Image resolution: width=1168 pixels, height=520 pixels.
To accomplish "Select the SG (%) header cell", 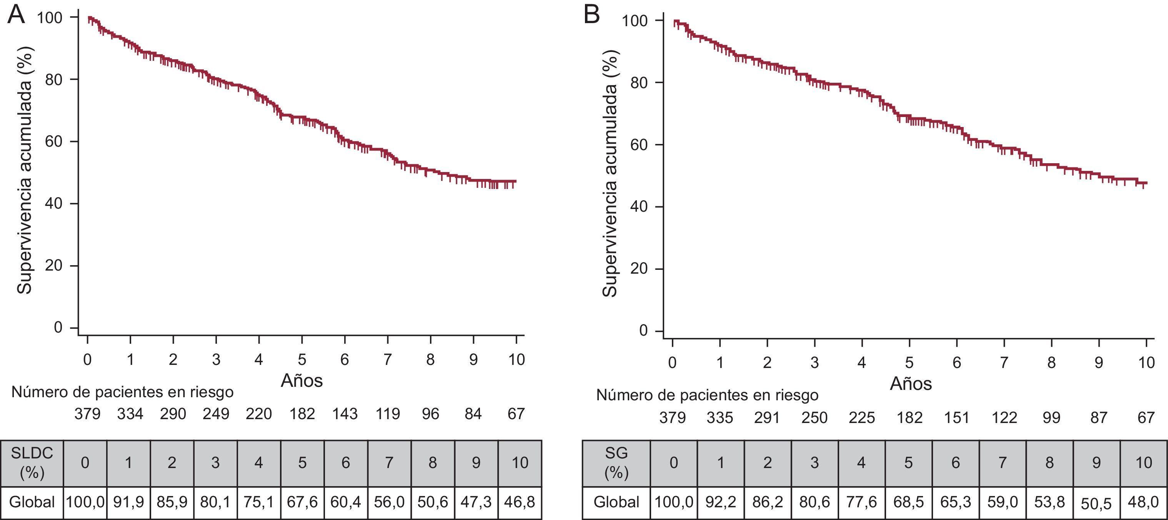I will tap(616, 463).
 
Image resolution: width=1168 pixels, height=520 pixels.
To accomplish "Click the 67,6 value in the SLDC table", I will tap(302, 502).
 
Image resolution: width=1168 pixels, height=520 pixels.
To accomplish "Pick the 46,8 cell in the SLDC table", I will tap(520, 502).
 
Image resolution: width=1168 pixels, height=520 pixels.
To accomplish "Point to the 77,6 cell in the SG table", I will tap(861, 502).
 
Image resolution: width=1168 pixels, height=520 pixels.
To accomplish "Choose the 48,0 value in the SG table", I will tap(1143, 502).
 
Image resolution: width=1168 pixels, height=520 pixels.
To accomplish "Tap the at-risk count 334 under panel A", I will tap(130, 414).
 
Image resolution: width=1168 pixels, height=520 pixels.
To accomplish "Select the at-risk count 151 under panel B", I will tap(957, 418).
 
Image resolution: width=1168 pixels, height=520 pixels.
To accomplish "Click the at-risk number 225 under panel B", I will tap(861, 418).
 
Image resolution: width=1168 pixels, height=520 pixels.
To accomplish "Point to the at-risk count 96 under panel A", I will tap(430, 414).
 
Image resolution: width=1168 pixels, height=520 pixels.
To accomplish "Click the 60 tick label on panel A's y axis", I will tap(53, 142).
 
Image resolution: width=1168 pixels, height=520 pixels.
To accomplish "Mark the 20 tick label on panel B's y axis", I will tap(639, 269).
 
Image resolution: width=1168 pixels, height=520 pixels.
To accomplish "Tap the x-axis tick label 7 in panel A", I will tap(388, 360).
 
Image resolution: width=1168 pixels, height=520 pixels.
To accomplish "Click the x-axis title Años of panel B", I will tap(910, 384).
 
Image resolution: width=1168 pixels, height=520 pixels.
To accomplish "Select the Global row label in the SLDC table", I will tap(32, 502).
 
